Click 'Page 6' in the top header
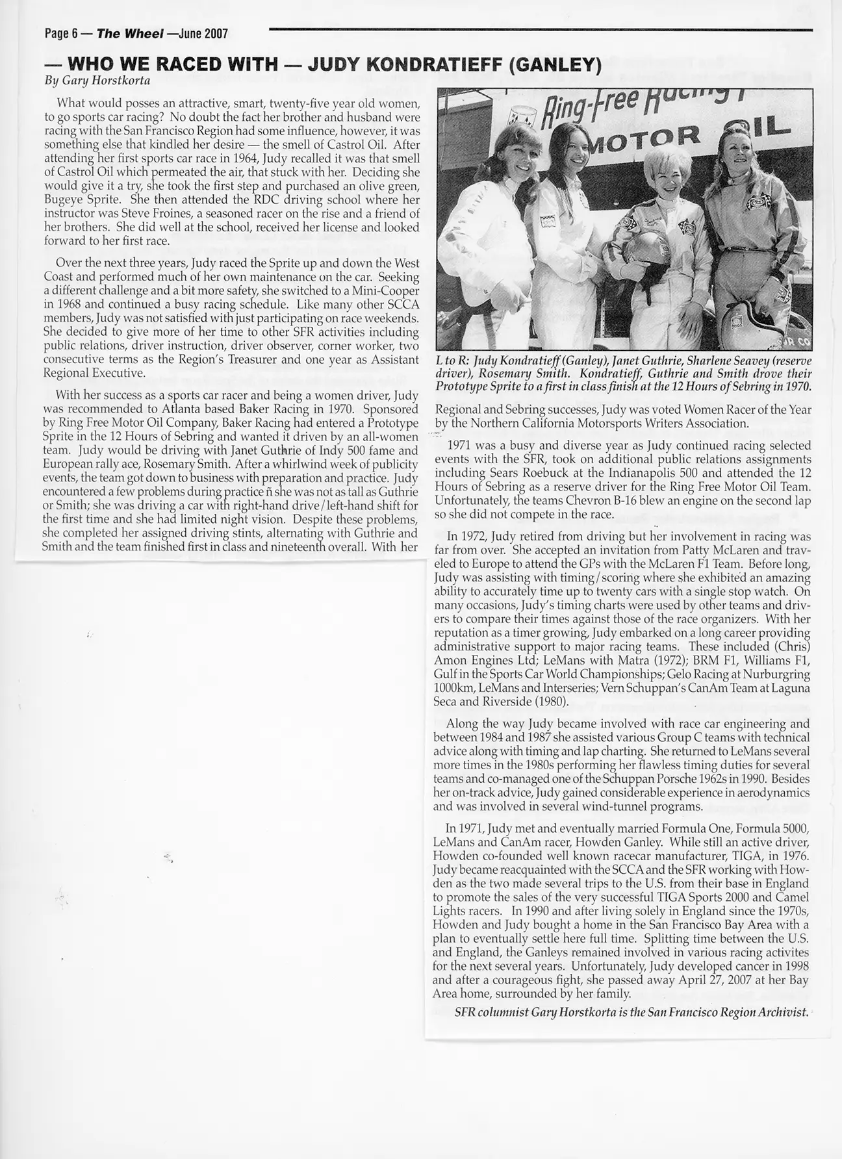click(59, 34)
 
